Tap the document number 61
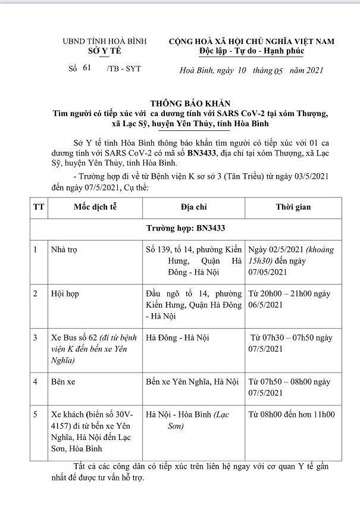click(x=86, y=69)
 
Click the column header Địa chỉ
click(x=193, y=207)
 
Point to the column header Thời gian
click(x=293, y=207)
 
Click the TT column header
click(x=39, y=207)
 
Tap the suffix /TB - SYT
click(x=124, y=70)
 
